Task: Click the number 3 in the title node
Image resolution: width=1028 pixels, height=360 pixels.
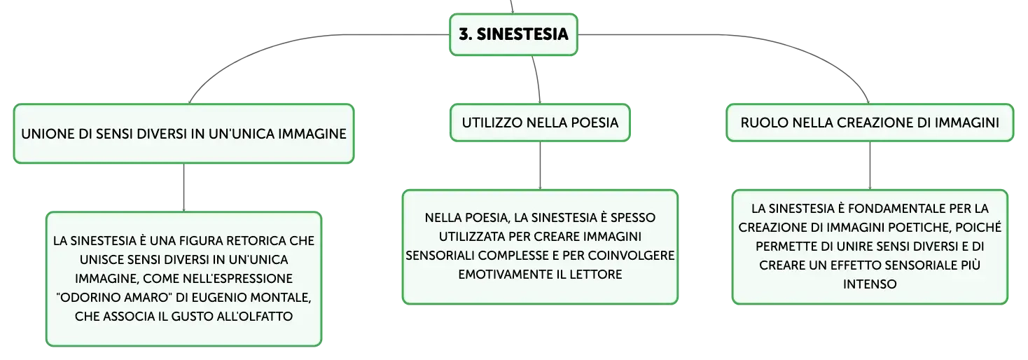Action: [465, 34]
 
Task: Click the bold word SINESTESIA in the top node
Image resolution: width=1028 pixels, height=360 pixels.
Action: [522, 34]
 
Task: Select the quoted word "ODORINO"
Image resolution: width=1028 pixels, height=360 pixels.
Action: [88, 298]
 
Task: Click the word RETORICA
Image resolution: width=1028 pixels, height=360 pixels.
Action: [256, 241]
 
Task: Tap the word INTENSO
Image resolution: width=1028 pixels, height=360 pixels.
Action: [870, 284]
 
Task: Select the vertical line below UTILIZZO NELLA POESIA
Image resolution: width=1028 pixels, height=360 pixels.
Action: [540, 165]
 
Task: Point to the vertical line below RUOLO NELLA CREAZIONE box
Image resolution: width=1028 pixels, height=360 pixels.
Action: [870, 165]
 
